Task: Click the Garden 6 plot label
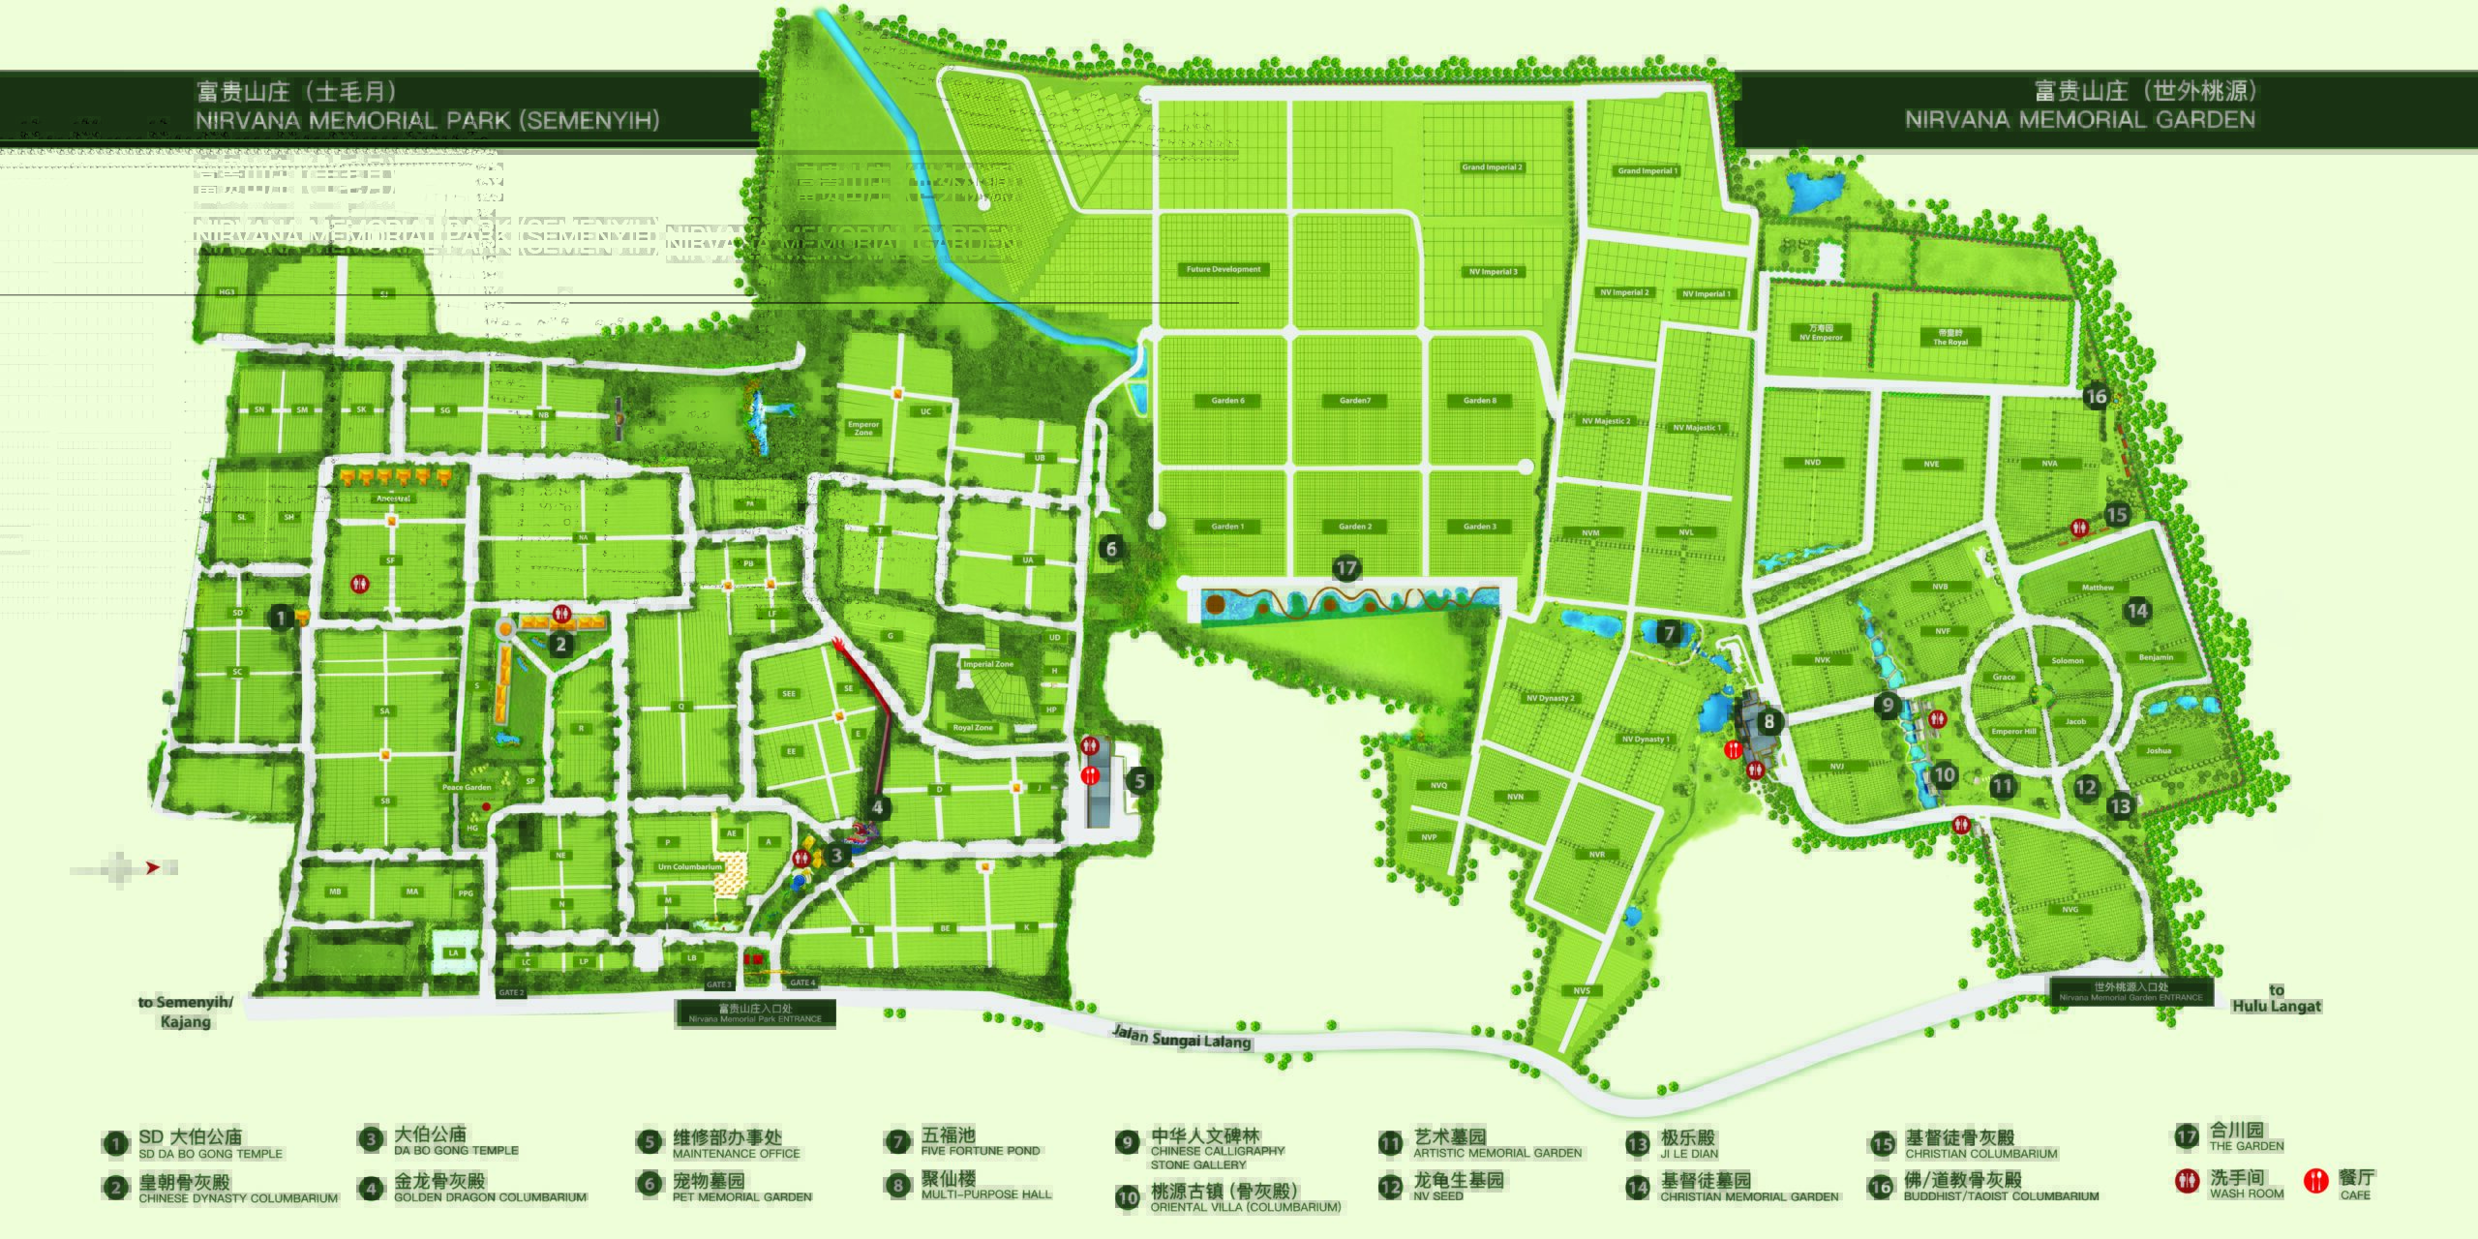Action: (x=1227, y=401)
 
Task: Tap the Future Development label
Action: (x=1224, y=269)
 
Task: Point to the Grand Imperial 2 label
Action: (x=1492, y=167)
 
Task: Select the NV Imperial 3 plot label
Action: (x=1494, y=272)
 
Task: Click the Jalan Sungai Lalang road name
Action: (x=1182, y=1039)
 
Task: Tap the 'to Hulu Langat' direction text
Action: (x=2276, y=998)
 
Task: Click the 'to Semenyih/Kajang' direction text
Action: (x=185, y=1012)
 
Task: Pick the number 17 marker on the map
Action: (x=1346, y=568)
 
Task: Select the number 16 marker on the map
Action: (x=2097, y=396)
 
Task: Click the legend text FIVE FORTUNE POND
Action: (x=980, y=1151)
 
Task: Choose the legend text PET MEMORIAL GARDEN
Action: (x=741, y=1197)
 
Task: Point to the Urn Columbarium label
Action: (x=689, y=867)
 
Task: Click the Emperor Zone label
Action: (x=862, y=428)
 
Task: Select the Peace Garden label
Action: (x=467, y=788)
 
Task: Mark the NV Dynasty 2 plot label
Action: (x=1550, y=698)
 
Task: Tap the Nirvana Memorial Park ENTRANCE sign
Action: (x=755, y=1013)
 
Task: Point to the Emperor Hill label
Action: (x=2013, y=732)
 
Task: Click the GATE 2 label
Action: (x=511, y=993)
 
